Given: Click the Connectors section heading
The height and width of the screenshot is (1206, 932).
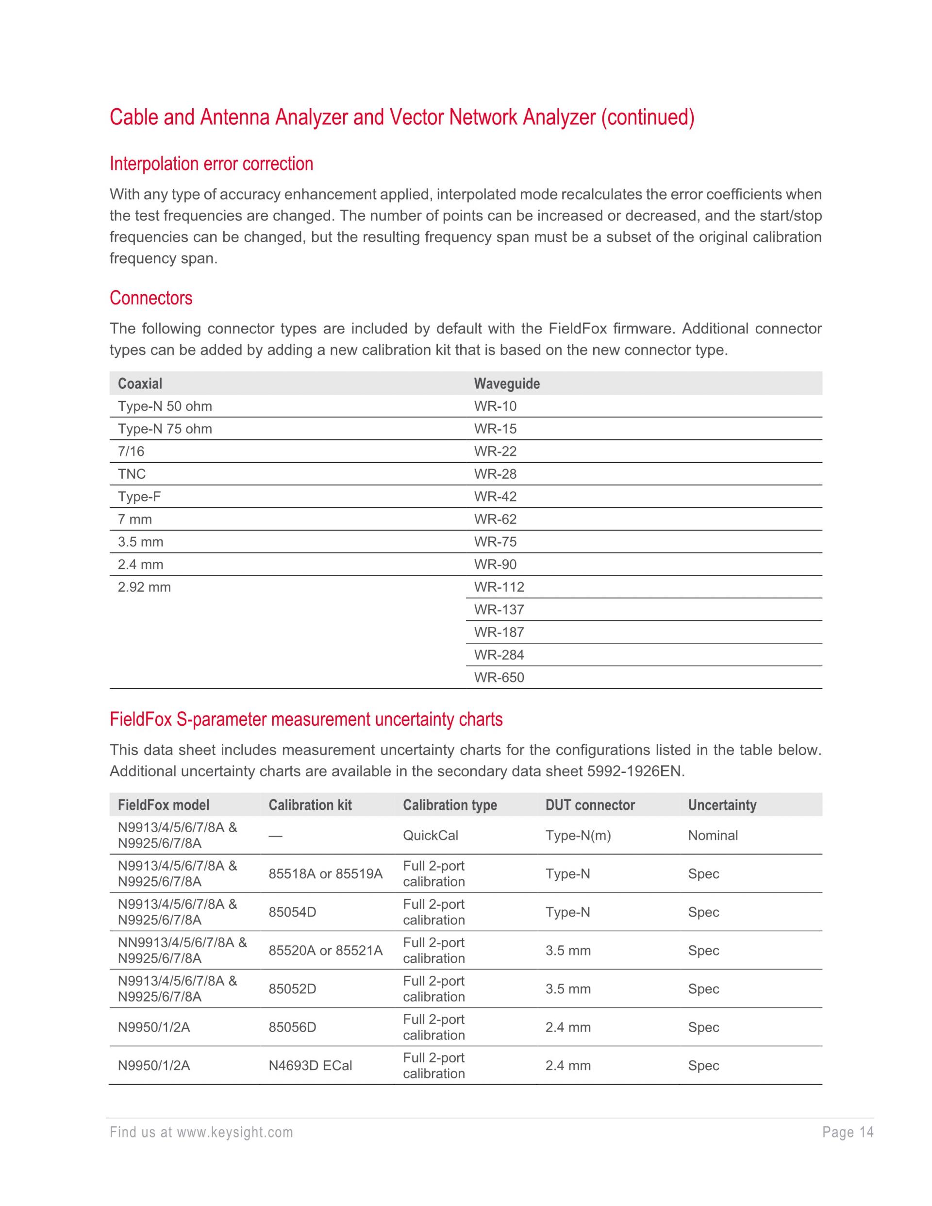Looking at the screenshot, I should tap(151, 298).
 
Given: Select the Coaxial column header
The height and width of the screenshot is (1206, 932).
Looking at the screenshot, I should tap(140, 384).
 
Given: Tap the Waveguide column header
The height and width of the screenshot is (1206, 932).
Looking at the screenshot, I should tap(506, 384).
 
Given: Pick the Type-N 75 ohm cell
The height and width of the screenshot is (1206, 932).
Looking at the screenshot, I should tap(165, 429).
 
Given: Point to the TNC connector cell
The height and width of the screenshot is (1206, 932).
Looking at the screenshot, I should tap(132, 474).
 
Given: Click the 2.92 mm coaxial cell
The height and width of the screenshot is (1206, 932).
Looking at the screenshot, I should tap(144, 587).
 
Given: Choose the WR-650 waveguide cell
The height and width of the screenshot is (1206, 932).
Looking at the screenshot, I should tap(499, 678).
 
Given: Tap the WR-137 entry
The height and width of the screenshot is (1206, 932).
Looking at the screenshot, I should tap(499, 610).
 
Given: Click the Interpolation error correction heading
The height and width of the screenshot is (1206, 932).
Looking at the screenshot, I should tap(211, 164).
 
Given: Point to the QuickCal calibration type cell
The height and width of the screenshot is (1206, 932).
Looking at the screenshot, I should tap(430, 836).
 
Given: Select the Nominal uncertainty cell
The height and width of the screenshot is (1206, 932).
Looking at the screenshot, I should tap(712, 836).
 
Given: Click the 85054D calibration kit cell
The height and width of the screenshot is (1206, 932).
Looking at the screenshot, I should tap(292, 912).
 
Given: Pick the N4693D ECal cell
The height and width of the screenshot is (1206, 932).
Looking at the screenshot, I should tap(310, 1066).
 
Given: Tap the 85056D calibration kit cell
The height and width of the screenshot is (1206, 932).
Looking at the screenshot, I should tap(292, 1028).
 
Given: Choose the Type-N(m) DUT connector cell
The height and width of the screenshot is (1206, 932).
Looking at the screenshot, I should tap(578, 836).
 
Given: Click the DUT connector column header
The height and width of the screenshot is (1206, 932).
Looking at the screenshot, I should tap(590, 805).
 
